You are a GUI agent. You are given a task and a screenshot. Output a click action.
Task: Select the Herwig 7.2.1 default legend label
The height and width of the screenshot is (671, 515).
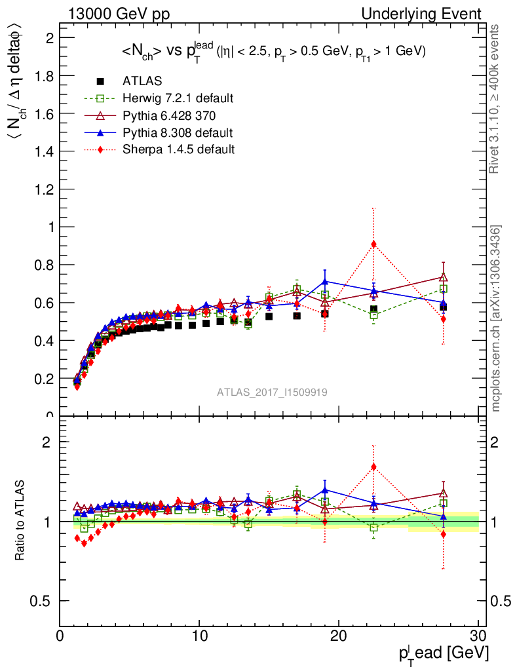(178, 98)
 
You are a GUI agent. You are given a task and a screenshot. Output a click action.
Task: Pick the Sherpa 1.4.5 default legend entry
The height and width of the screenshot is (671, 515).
(178, 149)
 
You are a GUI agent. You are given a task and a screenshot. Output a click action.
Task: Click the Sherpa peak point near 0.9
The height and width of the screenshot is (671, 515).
(373, 244)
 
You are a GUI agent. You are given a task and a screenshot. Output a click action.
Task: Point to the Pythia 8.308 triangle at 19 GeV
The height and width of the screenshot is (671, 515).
(325, 282)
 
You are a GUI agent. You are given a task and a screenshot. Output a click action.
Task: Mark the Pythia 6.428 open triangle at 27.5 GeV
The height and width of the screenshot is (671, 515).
(444, 277)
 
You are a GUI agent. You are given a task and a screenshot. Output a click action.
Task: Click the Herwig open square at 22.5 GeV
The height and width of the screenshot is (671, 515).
(373, 315)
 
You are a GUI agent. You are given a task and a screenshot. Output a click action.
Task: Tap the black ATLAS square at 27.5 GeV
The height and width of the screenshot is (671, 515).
(444, 307)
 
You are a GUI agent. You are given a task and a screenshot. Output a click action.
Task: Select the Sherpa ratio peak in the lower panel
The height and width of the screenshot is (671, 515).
(373, 467)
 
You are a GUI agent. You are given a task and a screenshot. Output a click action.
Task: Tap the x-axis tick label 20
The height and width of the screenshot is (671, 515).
(339, 636)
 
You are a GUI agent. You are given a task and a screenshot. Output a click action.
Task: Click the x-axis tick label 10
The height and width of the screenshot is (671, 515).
(199, 636)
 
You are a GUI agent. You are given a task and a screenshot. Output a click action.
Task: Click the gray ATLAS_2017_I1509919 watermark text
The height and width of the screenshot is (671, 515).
(273, 392)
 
